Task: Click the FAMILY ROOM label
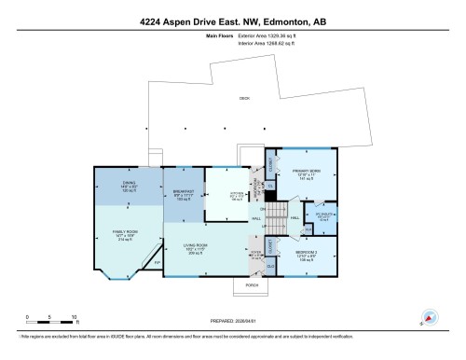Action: coord(126,235)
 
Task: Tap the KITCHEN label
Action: coord(225,198)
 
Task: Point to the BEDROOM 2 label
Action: coord(308,253)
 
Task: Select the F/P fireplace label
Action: coord(157,263)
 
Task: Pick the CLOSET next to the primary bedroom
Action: coord(270,162)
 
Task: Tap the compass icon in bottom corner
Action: coord(430,317)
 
